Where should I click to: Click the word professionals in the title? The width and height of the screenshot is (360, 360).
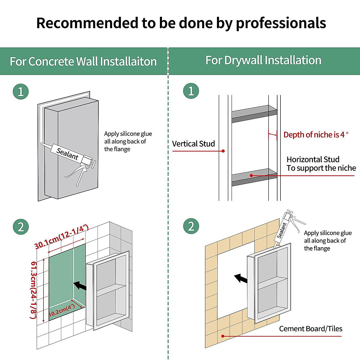click(281, 23)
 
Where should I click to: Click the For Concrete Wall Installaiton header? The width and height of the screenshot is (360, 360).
click(83, 61)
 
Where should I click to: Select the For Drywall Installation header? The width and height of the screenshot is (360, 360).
click(263, 60)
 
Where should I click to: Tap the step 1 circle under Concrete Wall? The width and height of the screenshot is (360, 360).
click(21, 91)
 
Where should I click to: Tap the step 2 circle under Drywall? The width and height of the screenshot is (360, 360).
click(191, 226)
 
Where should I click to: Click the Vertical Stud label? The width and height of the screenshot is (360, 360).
click(193, 144)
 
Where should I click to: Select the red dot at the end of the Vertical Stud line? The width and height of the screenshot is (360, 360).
click(223, 151)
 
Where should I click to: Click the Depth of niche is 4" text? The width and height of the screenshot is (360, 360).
click(316, 135)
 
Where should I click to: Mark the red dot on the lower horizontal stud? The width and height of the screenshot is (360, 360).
click(251, 175)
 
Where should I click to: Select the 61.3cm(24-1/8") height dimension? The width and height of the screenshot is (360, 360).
click(34, 289)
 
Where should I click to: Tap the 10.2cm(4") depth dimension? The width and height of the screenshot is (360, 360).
click(61, 310)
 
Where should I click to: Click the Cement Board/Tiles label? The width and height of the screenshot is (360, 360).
click(310, 329)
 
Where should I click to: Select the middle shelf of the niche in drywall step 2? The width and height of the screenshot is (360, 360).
click(272, 283)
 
